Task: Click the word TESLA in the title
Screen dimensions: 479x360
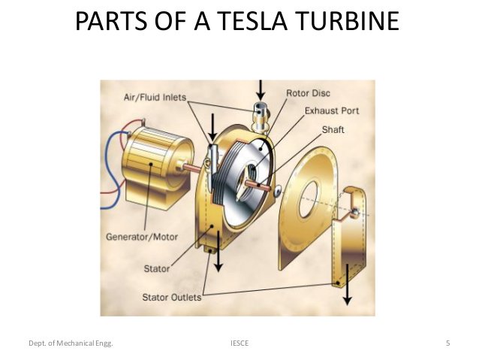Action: point(253,21)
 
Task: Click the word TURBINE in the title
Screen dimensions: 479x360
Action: point(348,21)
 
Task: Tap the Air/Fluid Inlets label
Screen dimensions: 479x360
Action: point(155,97)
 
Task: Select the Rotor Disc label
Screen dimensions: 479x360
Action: point(308,93)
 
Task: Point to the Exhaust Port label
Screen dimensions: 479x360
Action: point(332,110)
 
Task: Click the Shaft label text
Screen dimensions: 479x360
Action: point(333,129)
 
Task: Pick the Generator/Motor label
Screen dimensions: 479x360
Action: point(142,237)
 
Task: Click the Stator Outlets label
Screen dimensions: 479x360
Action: point(172,298)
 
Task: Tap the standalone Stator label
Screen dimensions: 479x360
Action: point(156,269)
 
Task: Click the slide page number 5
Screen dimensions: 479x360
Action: point(447,343)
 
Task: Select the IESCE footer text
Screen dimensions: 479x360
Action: point(239,343)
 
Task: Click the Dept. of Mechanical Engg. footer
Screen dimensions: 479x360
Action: point(71,343)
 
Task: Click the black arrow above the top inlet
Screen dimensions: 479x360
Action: point(261,90)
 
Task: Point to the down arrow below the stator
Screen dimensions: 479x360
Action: point(218,251)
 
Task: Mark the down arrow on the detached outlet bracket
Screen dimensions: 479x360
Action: point(347,284)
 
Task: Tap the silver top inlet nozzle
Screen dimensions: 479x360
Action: point(260,117)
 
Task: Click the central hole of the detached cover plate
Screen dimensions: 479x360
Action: point(308,199)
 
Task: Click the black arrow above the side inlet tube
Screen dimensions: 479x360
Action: point(212,127)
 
